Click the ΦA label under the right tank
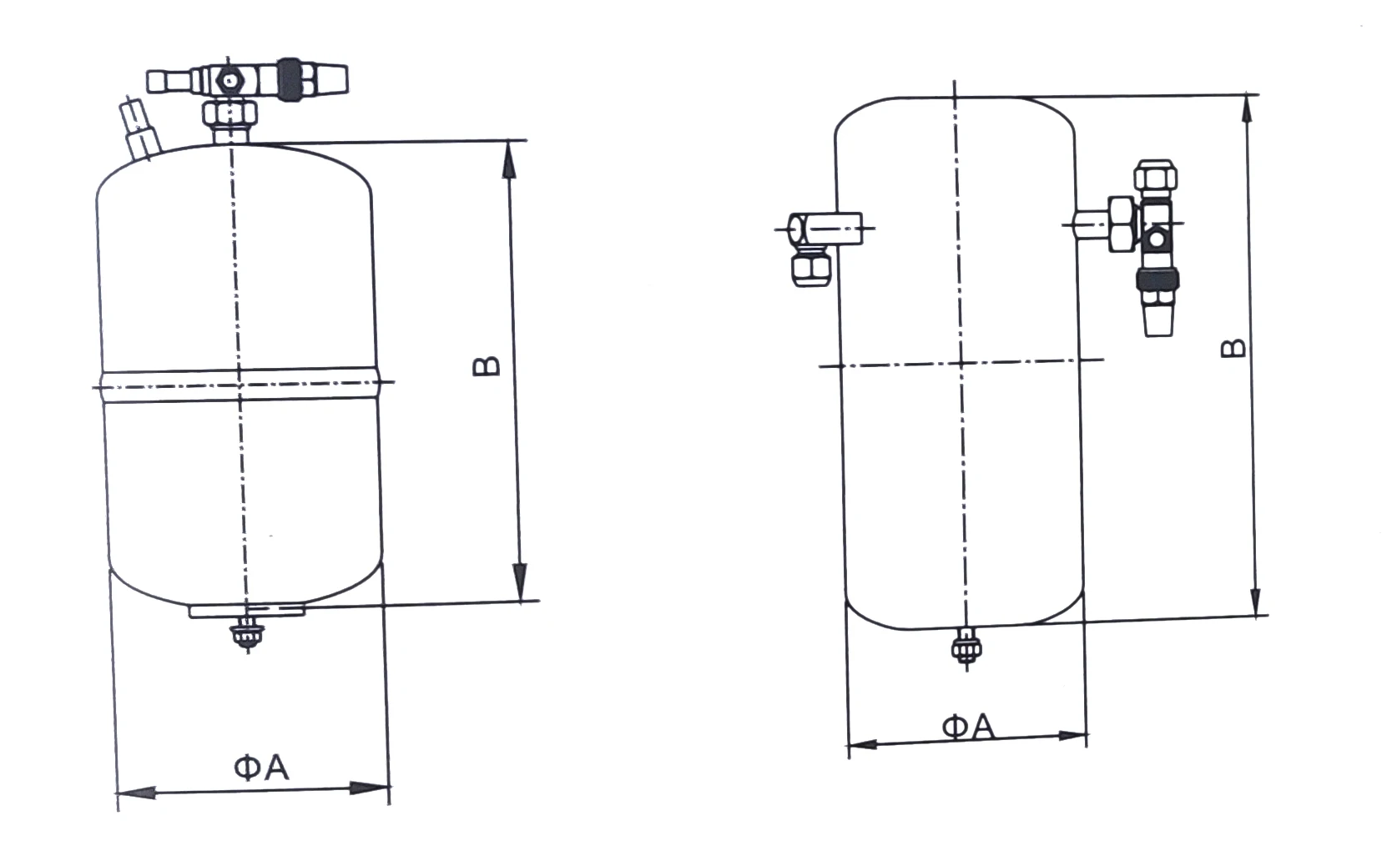click(968, 727)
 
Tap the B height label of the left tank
click(487, 365)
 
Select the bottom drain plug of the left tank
click(244, 634)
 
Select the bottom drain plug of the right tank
click(966, 647)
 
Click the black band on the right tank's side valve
click(1157, 279)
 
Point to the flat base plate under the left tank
click(248, 612)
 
